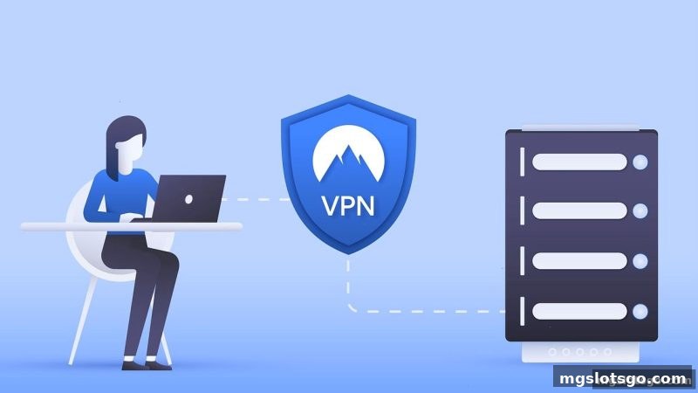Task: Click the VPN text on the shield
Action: pos(347,205)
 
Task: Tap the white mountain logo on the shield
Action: pos(348,154)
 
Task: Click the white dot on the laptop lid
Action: pos(188,199)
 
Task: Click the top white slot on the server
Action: pos(579,162)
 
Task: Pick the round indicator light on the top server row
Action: pos(640,162)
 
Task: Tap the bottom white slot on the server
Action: pos(579,312)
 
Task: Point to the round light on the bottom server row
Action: pos(640,312)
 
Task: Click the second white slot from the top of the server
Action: pos(579,210)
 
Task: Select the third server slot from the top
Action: pos(579,261)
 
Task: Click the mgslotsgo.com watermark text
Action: pos(623,379)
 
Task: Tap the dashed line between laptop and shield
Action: pos(257,200)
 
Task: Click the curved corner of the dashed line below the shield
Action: pos(352,307)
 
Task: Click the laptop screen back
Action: pos(188,198)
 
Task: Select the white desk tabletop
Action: pos(132,226)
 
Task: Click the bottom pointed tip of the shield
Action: pos(348,253)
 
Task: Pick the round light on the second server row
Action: pos(640,210)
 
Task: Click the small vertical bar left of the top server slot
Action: pos(522,162)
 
